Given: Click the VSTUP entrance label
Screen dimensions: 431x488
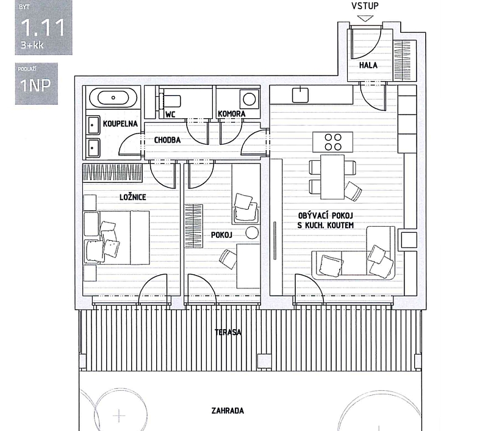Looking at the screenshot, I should pyautogui.click(x=365, y=7).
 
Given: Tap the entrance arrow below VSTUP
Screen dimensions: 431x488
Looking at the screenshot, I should pyautogui.click(x=365, y=18).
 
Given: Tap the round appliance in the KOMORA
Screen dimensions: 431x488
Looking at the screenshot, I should pyautogui.click(x=249, y=98).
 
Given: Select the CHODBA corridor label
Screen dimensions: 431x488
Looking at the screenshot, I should pyautogui.click(x=167, y=140).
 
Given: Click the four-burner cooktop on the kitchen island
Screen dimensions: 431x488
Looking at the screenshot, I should pyautogui.click(x=333, y=142).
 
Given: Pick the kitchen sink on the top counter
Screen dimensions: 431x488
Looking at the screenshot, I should pyautogui.click(x=301, y=94).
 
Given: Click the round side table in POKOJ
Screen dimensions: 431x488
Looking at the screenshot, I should pyautogui.click(x=252, y=232).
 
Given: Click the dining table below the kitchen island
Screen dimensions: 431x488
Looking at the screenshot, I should pyautogui.click(x=333, y=177).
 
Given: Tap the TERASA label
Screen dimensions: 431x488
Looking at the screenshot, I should pyautogui.click(x=228, y=333).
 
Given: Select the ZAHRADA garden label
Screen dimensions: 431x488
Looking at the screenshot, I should pyautogui.click(x=228, y=410).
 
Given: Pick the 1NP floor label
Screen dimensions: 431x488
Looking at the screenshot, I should pyautogui.click(x=35, y=85).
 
